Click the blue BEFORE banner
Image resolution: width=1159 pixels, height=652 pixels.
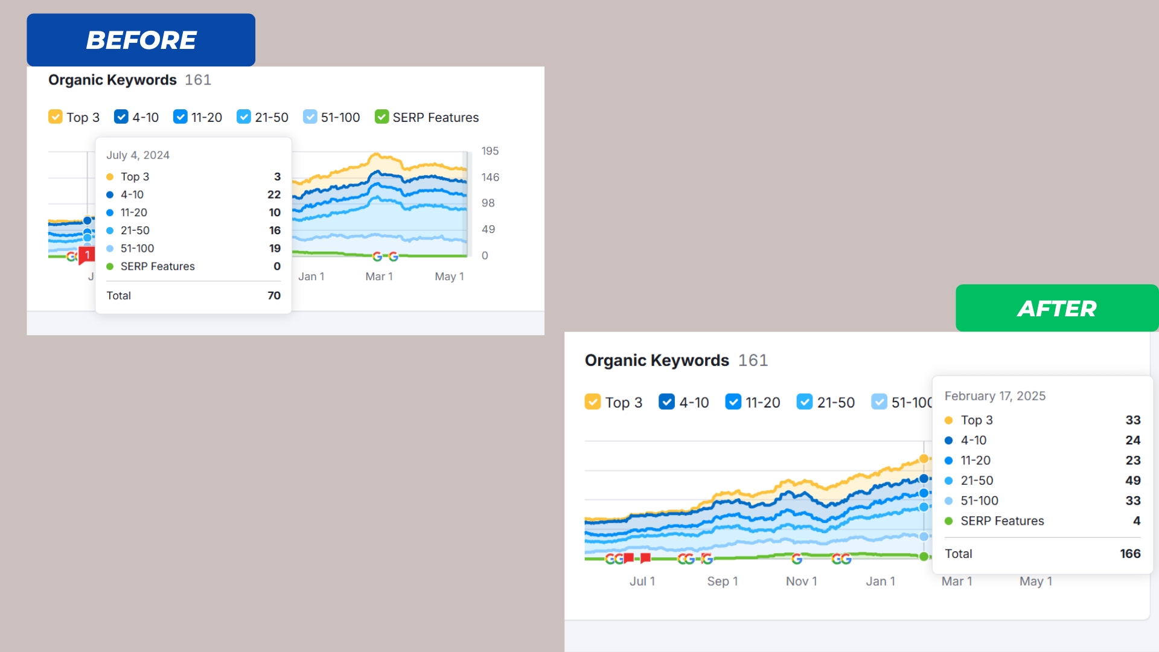pos(141,40)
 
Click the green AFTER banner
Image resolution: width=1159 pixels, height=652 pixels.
pos(1056,308)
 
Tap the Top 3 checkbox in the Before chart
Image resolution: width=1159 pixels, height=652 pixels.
pos(56,117)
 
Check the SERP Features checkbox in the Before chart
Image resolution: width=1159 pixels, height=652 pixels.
pos(382,117)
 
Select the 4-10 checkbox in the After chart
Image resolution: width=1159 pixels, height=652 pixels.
pos(666,402)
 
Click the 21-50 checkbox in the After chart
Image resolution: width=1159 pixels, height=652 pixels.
pos(804,402)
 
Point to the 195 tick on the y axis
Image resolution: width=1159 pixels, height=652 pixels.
pos(490,151)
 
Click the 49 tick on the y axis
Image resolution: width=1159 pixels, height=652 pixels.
pos(488,229)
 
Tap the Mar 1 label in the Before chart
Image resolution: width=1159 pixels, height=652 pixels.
pos(379,276)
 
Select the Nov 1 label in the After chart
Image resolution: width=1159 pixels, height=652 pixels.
pos(801,581)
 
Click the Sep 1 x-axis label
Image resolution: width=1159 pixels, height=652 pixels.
pos(723,581)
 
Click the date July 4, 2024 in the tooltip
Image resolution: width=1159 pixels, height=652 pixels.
pos(138,155)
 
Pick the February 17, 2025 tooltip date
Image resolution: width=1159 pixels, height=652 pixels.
pos(995,396)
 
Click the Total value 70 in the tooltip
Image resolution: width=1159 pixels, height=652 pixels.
pos(274,296)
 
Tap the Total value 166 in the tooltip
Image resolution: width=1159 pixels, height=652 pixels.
pos(1130,554)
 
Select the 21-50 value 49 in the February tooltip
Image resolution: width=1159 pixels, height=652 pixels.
pos(1132,481)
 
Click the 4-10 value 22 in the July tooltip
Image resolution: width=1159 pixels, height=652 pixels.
pos(274,194)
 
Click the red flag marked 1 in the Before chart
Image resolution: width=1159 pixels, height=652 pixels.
pos(87,255)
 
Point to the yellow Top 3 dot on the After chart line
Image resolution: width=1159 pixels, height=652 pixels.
pos(924,459)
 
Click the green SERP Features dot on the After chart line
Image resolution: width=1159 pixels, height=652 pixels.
pos(924,557)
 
